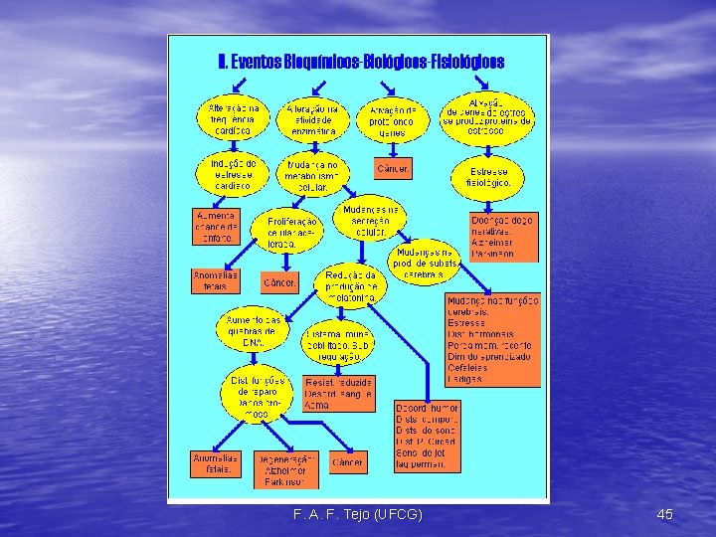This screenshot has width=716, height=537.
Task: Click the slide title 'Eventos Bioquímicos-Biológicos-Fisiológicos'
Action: (360, 62)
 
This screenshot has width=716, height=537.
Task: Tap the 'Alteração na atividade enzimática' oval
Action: (312, 118)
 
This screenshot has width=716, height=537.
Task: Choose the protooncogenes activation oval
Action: (395, 120)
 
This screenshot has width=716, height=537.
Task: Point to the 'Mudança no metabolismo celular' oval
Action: (312, 176)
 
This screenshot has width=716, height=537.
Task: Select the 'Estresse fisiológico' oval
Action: (490, 177)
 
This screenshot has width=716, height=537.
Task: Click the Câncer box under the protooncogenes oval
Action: (392, 168)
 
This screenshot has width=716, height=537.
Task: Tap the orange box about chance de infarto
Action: (214, 226)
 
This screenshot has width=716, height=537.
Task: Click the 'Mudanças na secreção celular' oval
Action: (371, 221)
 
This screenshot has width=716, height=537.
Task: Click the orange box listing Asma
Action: (338, 393)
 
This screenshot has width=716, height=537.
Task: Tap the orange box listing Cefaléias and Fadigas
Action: (491, 339)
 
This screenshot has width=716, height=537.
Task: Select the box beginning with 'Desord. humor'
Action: (426, 436)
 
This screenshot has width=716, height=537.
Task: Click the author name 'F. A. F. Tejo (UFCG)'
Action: (358, 514)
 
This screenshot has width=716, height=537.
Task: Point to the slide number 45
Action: (665, 514)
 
